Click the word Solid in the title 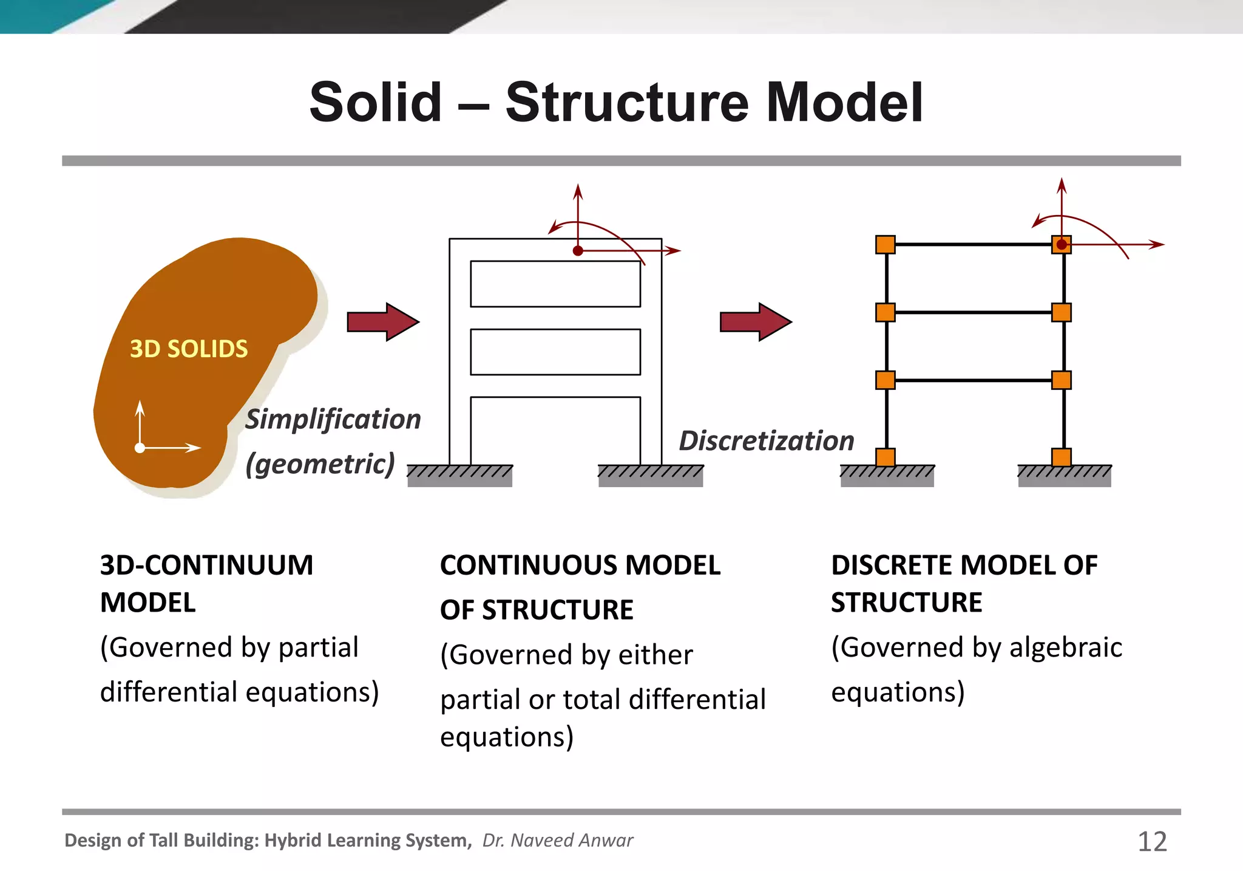point(375,102)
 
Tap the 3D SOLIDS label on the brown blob point(189,349)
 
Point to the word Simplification point(333,420)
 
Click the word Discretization point(766,441)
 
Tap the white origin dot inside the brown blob point(140,448)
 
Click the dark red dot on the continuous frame point(578,250)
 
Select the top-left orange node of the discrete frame point(886,245)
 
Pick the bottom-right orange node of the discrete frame point(1061,457)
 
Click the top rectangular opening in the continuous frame point(555,284)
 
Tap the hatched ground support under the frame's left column point(459,476)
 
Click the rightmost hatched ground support point(1065,476)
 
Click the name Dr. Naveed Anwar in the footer point(557,841)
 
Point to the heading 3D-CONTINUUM point(206,565)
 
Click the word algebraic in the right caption point(1065,647)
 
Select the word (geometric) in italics point(320,464)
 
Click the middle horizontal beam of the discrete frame point(973,312)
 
